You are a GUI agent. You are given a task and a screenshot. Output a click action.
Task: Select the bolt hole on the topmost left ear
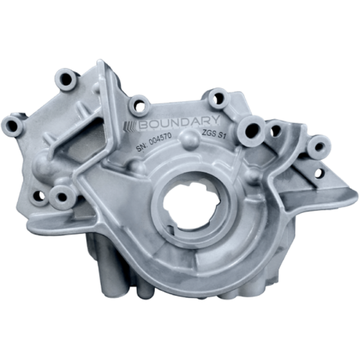66,79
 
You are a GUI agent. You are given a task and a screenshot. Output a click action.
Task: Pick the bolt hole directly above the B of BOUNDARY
139,105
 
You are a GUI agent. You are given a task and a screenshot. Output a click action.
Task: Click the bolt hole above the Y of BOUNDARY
218,98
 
